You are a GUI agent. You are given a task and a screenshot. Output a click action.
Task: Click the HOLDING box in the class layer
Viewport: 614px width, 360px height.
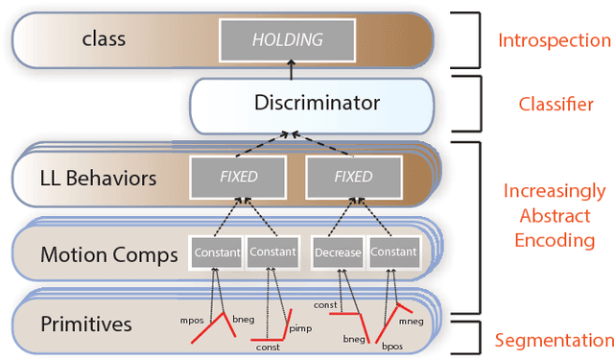288,39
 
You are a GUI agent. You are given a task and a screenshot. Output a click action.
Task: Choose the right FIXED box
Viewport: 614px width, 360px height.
353,177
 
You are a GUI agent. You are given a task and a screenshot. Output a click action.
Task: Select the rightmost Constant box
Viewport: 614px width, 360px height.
393,252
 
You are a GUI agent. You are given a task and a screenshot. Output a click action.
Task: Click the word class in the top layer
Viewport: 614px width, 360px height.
105,40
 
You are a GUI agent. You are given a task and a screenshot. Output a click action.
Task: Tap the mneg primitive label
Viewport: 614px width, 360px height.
412,324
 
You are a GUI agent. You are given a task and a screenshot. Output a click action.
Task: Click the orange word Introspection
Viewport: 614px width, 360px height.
554,40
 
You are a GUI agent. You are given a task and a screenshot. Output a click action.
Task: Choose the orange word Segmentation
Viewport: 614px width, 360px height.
554,340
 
